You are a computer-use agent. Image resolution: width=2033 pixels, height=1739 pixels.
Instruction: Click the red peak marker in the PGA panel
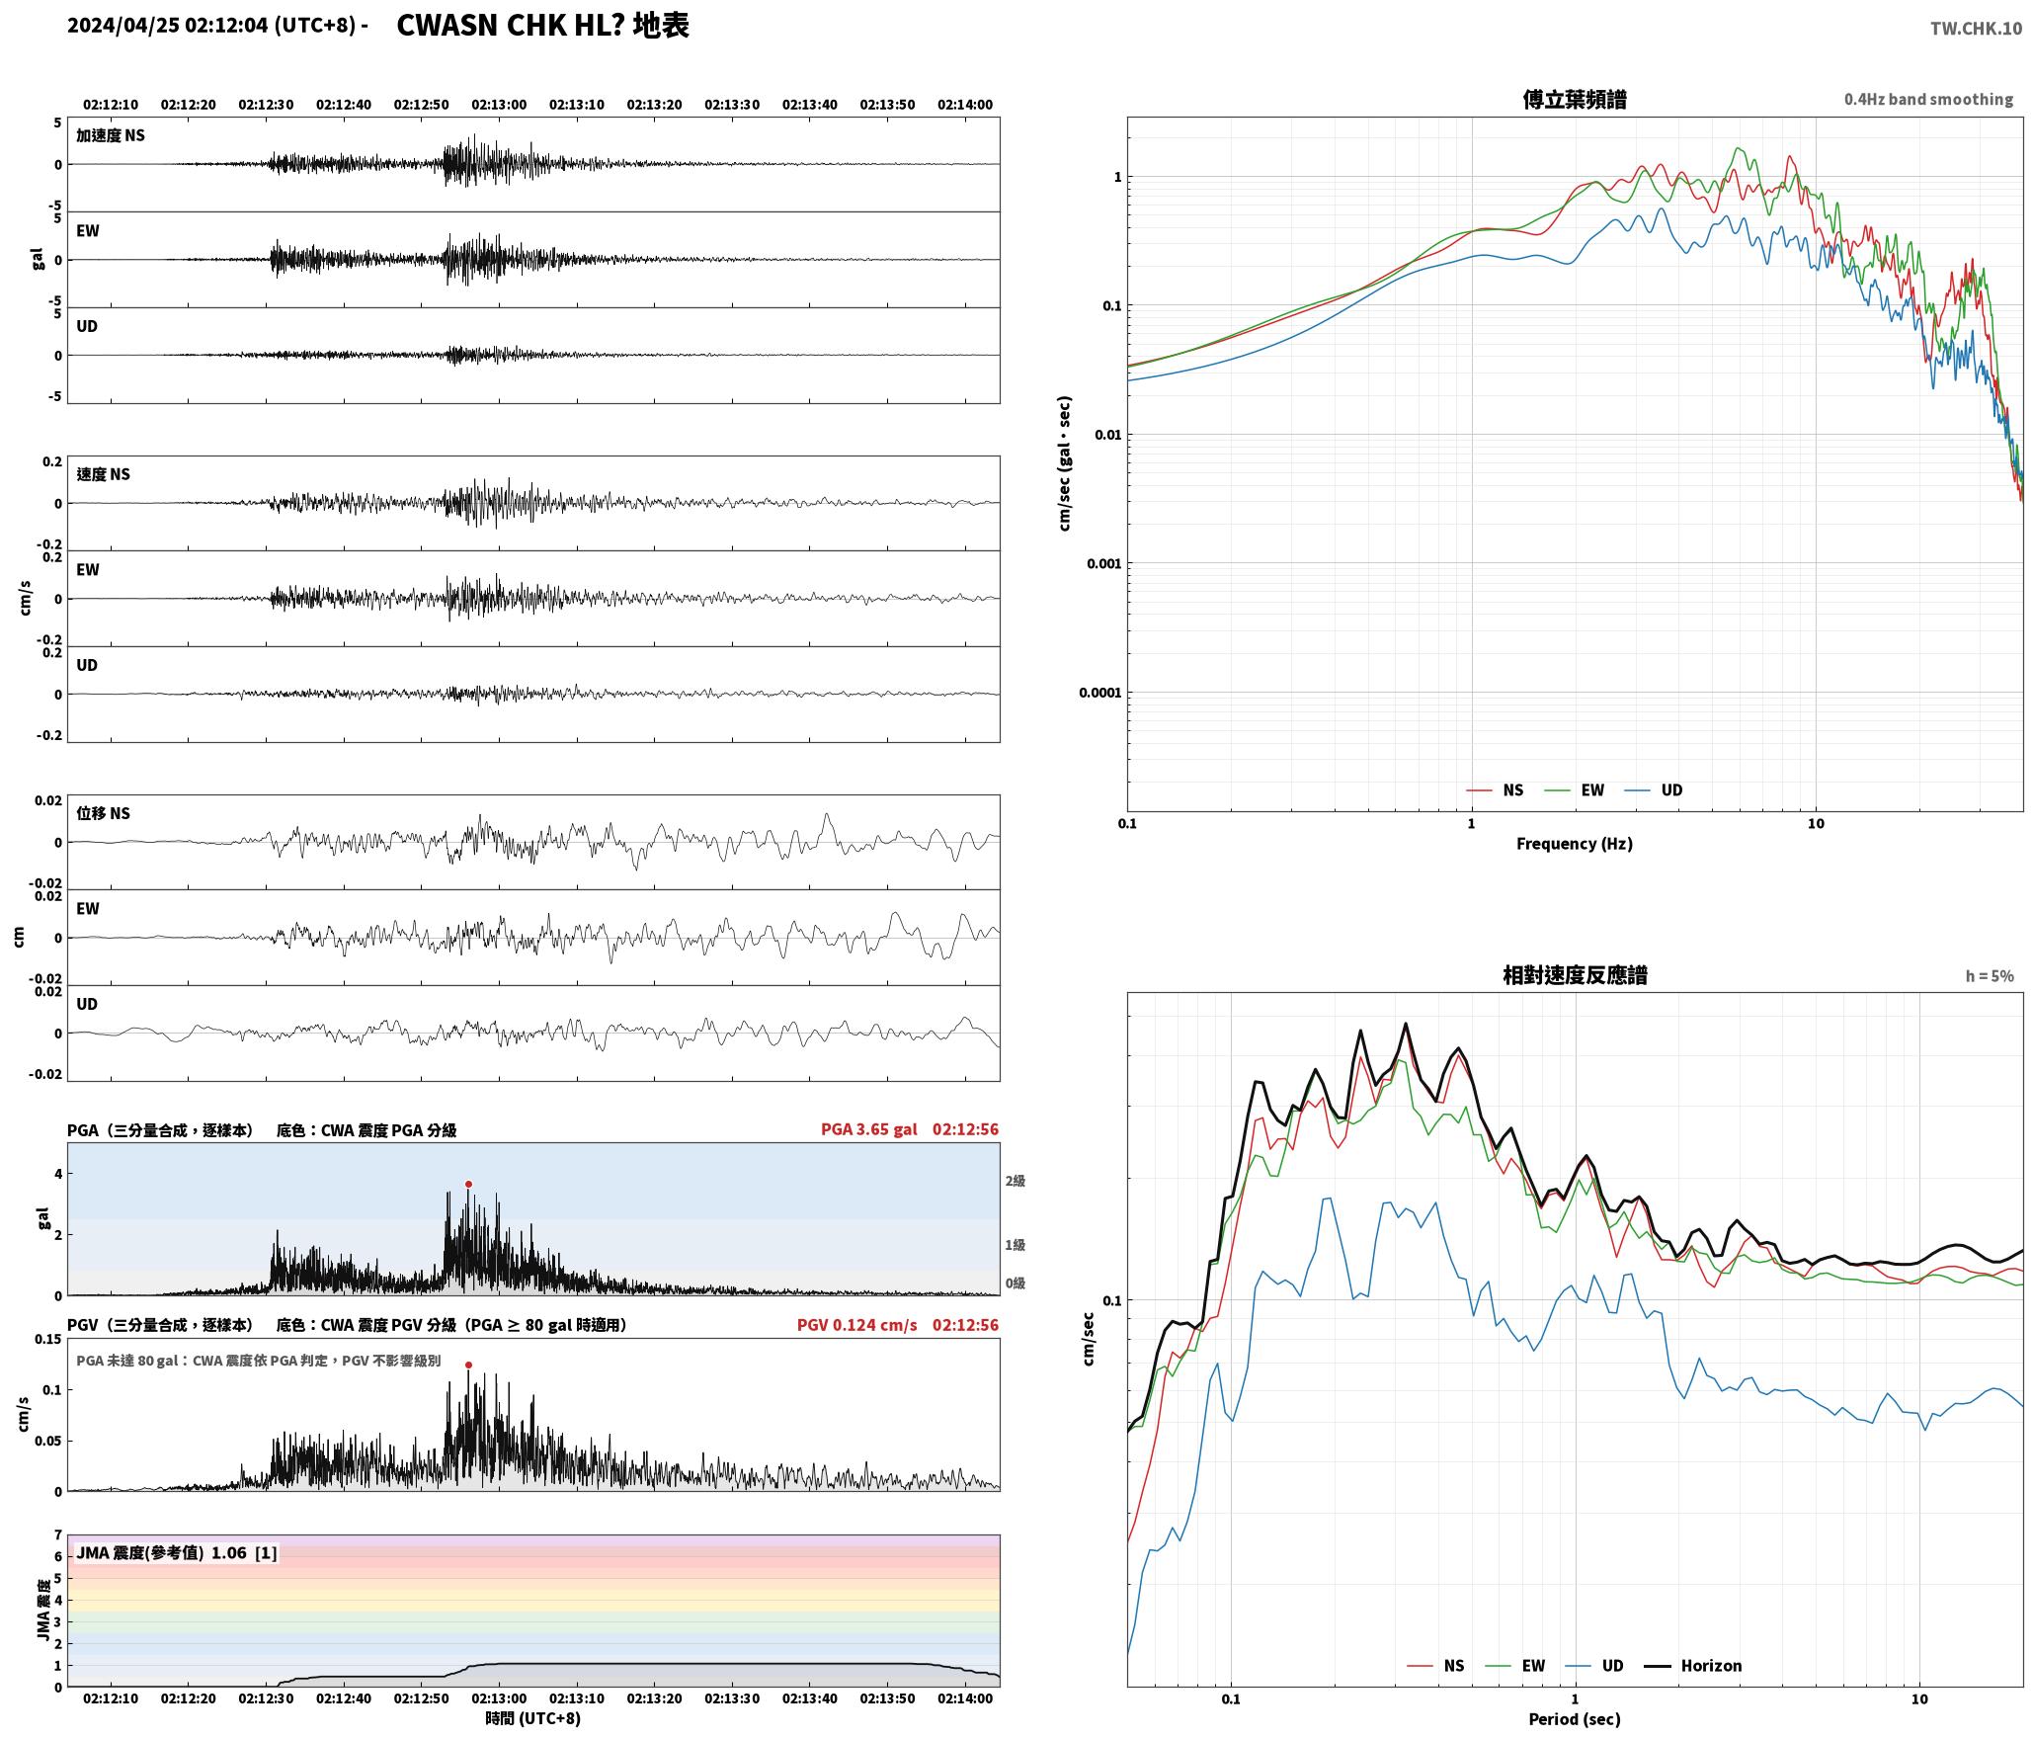coord(468,1184)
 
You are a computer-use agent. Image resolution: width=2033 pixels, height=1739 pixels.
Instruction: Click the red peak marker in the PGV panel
coord(468,1365)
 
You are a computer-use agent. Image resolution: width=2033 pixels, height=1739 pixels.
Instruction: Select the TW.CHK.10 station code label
coord(1976,29)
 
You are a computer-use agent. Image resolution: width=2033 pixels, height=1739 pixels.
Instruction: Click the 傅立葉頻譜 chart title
coord(1575,99)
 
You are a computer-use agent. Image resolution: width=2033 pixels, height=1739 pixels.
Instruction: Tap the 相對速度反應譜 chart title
coord(1575,975)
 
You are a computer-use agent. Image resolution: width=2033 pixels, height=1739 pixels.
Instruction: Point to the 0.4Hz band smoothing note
coord(1928,100)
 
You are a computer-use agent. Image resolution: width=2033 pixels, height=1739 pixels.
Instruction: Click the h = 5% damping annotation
coord(1989,976)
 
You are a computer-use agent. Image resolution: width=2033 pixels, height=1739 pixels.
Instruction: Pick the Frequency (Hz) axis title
coord(1575,844)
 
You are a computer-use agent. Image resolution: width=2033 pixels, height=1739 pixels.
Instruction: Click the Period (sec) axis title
coord(1575,1719)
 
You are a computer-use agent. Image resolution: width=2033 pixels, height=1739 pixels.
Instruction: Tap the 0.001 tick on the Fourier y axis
coord(1103,563)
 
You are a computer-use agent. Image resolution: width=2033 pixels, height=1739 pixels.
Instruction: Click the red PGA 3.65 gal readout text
coord(868,1129)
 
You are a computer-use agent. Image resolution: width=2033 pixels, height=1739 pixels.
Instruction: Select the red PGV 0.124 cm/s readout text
coord(856,1325)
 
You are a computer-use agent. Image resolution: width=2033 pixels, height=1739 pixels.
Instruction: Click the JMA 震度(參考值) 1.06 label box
coord(177,1553)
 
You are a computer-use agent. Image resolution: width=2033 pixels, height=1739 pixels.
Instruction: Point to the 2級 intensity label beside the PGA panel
coord(1016,1181)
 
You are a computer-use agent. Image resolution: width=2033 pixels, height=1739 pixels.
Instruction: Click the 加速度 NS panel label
coord(111,135)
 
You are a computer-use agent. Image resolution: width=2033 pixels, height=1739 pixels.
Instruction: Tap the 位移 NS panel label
coord(104,813)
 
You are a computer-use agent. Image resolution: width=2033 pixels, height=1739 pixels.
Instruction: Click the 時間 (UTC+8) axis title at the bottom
coord(532,1718)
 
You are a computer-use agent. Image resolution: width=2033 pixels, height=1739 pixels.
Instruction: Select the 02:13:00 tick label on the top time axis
coord(499,105)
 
